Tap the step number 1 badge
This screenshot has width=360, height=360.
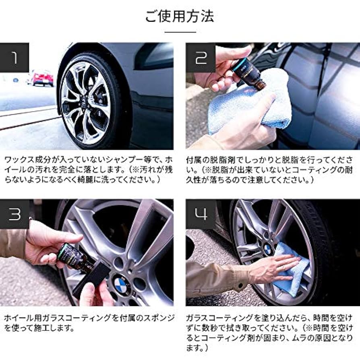coord(14,58)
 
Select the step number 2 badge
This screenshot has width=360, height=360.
coord(200,58)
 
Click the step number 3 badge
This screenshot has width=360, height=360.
coord(14,214)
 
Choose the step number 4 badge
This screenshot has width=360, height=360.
coord(200,214)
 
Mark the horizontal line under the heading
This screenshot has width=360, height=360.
coord(180,32)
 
